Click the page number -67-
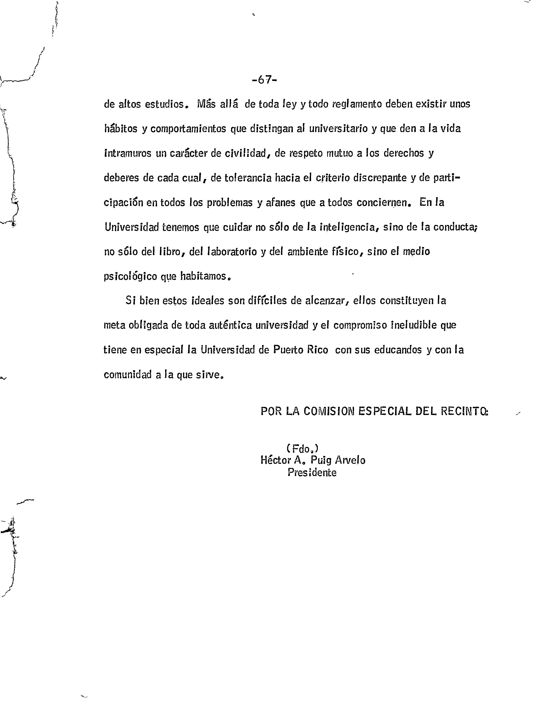tap(264, 80)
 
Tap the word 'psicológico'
tap(130, 276)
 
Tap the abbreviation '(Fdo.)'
tap(302, 448)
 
